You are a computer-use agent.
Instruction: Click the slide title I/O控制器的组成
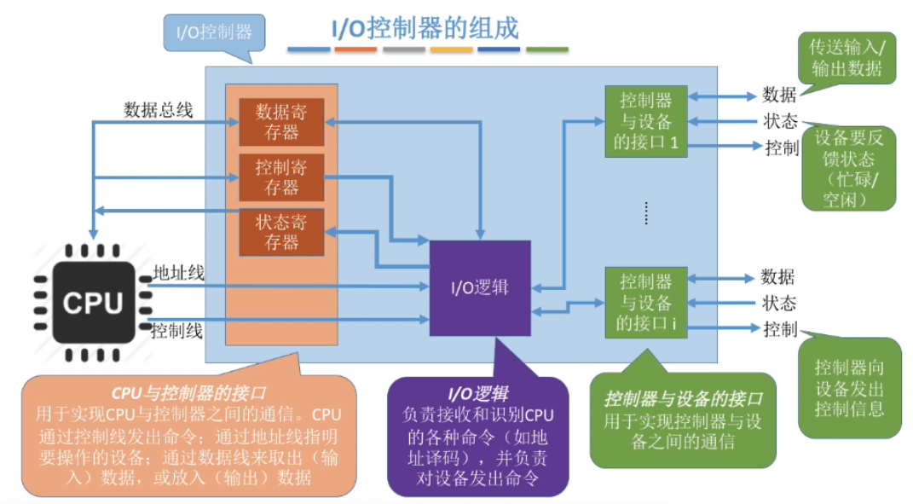(x=425, y=28)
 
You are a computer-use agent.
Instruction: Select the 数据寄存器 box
(x=280, y=122)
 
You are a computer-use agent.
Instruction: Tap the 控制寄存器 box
(x=280, y=177)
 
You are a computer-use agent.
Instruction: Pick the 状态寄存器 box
(x=280, y=232)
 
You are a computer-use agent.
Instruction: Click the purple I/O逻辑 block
(x=479, y=287)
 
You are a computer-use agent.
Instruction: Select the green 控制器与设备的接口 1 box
(x=645, y=120)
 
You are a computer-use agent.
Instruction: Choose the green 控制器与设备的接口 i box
(x=645, y=302)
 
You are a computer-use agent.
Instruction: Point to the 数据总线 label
(x=159, y=110)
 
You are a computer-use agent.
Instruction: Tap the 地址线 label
(x=178, y=273)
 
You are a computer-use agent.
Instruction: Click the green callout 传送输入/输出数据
(x=846, y=59)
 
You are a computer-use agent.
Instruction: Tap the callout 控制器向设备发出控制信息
(x=849, y=388)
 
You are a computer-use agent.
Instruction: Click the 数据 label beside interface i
(x=777, y=276)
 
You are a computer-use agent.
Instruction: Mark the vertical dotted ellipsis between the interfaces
(x=645, y=213)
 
